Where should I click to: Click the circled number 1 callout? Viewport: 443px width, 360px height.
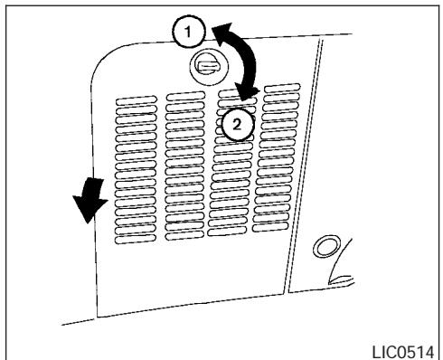click(188, 32)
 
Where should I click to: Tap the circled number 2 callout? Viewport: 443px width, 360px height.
click(237, 125)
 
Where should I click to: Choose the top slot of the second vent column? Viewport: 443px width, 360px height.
click(182, 93)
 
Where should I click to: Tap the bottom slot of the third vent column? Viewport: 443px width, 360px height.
click(234, 234)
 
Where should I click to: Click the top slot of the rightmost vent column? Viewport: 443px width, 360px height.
click(281, 88)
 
